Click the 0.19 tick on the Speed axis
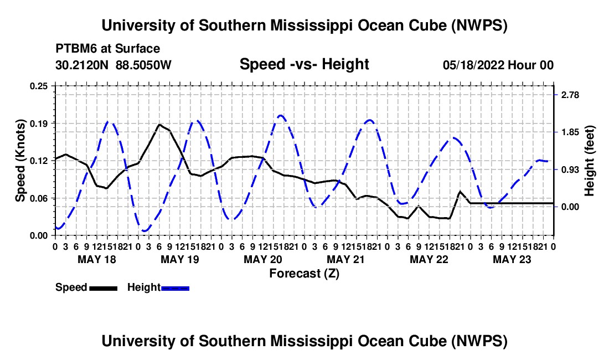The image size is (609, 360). click(38, 124)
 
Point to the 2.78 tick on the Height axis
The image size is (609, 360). click(570, 95)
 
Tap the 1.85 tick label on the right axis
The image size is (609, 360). click(570, 132)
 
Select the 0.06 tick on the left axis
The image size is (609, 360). click(38, 198)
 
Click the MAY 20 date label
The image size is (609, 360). click(263, 259)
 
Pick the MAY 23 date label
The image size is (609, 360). click(512, 259)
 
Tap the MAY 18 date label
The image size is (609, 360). click(97, 259)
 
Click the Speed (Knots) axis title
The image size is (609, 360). click(20, 161)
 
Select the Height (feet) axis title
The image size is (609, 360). click(589, 161)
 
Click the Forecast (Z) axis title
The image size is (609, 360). click(304, 274)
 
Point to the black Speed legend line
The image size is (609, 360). click(104, 288)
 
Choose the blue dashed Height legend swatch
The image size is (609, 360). click(175, 288)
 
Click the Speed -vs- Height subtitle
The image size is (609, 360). click(304, 64)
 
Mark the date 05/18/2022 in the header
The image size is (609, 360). click(473, 65)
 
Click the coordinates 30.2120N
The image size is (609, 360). click(82, 65)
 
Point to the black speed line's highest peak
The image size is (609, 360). click(159, 125)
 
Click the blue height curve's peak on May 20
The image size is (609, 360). click(281, 115)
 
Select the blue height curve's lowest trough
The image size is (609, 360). click(144, 231)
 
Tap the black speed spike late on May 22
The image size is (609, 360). click(460, 192)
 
